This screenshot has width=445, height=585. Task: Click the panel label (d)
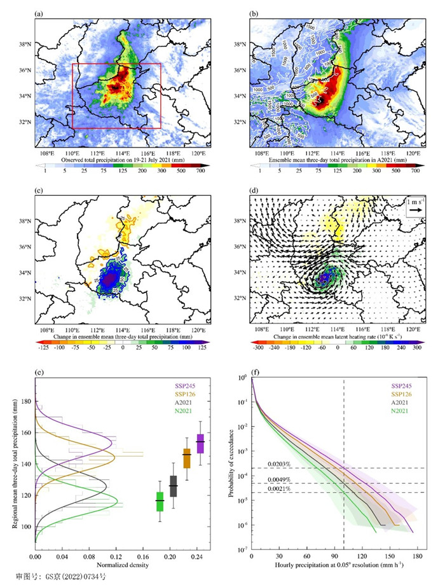[x=254, y=189]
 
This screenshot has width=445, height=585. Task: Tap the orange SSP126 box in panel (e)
[x=187, y=457]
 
